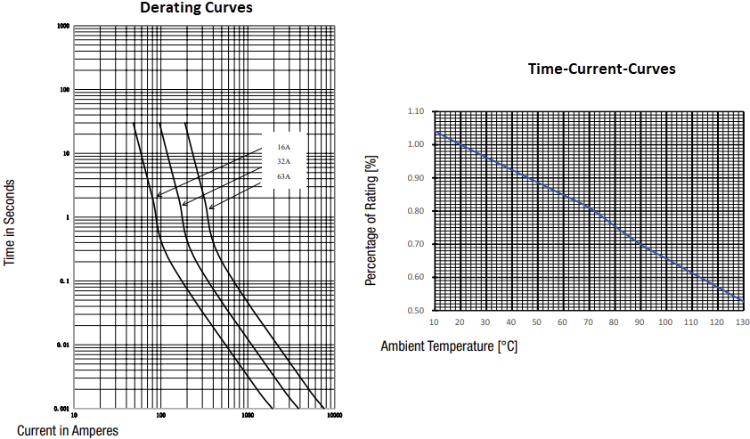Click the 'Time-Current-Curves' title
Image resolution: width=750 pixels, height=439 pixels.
pyautogui.click(x=601, y=69)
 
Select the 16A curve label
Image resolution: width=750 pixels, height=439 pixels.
pyautogui.click(x=283, y=146)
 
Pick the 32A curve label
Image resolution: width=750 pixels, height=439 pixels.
pyautogui.click(x=283, y=161)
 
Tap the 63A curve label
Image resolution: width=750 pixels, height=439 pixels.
pyautogui.click(x=283, y=176)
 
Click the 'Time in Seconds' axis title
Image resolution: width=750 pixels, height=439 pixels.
pyautogui.click(x=11, y=223)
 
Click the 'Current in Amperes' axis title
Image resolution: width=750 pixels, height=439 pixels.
pyautogui.click(x=68, y=430)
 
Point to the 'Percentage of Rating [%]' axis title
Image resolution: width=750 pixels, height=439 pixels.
pyautogui.click(x=370, y=221)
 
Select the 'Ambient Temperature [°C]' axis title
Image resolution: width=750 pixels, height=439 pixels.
pyautogui.click(x=449, y=346)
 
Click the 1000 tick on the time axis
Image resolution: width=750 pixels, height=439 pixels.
pyautogui.click(x=63, y=26)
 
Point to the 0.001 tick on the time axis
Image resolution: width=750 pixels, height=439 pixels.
pyautogui.click(x=61, y=408)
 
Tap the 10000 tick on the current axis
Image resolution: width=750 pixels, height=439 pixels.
pyautogui.click(x=333, y=414)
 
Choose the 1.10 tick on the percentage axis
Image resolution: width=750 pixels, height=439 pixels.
pyautogui.click(x=415, y=111)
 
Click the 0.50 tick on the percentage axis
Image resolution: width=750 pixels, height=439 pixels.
pyautogui.click(x=415, y=311)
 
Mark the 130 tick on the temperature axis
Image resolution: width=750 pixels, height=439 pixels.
pyautogui.click(x=741, y=321)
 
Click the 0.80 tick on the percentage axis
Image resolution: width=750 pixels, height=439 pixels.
pyautogui.click(x=415, y=211)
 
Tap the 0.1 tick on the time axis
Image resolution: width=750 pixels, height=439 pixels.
pyautogui.click(x=63, y=281)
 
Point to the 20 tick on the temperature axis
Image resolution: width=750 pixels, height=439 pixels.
pyautogui.click(x=459, y=321)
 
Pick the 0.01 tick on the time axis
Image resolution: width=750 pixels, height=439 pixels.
pyautogui.click(x=62, y=345)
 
